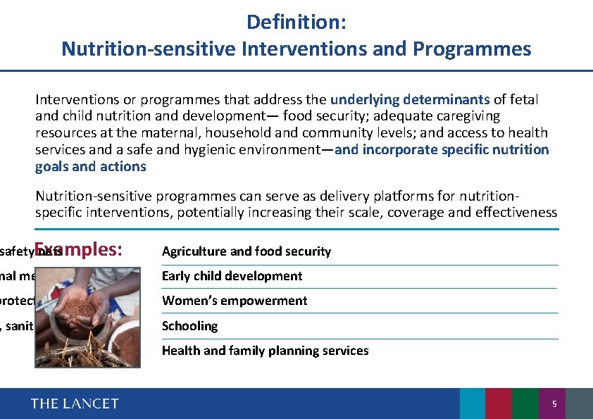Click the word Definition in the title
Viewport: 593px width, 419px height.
click(x=292, y=22)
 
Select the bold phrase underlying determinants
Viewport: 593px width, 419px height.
click(x=410, y=99)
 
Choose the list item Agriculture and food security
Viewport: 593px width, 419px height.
click(x=246, y=251)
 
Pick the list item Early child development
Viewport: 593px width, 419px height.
click(x=232, y=276)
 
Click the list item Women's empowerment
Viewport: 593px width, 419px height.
click(x=235, y=301)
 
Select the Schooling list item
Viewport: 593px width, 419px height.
click(x=189, y=326)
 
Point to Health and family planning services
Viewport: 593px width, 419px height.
click(x=265, y=351)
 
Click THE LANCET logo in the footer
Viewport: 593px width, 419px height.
click(x=75, y=404)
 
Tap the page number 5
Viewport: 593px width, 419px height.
click(x=554, y=404)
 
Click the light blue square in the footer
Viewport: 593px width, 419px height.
click(x=473, y=404)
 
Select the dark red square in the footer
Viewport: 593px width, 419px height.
click(x=499, y=404)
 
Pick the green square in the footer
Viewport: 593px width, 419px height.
click(x=525, y=404)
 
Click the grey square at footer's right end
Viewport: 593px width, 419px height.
click(x=580, y=404)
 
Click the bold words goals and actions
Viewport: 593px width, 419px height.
click(x=91, y=167)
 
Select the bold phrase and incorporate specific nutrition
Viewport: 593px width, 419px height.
click(x=442, y=150)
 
